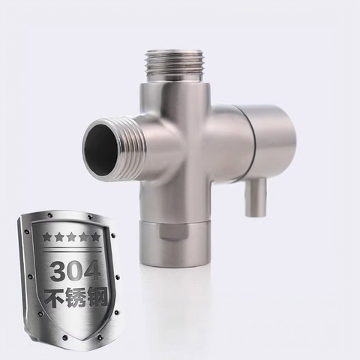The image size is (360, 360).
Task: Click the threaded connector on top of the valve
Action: click(175, 67)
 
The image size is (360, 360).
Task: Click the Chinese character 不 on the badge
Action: click(53, 298)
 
